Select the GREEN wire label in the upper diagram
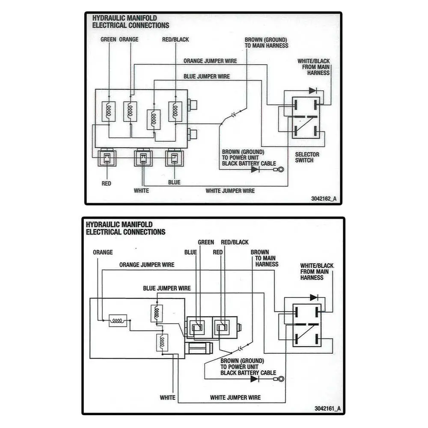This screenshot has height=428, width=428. [108, 39]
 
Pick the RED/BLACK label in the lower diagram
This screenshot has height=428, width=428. [235, 242]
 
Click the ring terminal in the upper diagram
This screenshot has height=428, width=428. [280, 169]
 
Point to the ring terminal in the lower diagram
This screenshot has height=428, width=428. [281, 379]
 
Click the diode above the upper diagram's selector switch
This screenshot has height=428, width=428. [313, 91]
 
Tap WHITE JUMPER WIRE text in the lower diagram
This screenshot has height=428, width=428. [235, 398]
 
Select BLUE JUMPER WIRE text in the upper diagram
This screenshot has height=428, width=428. [207, 77]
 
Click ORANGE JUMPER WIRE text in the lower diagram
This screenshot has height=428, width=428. [147, 265]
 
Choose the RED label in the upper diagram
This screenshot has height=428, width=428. [107, 184]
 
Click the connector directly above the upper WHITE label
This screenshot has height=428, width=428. [143, 158]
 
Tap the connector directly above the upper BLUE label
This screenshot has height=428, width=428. [173, 158]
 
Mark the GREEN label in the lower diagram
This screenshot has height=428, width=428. [206, 242]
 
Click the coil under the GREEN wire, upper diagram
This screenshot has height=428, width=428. [109, 111]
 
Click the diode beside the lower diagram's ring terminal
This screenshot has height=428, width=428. [255, 379]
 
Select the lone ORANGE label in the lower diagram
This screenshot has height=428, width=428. [103, 253]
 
